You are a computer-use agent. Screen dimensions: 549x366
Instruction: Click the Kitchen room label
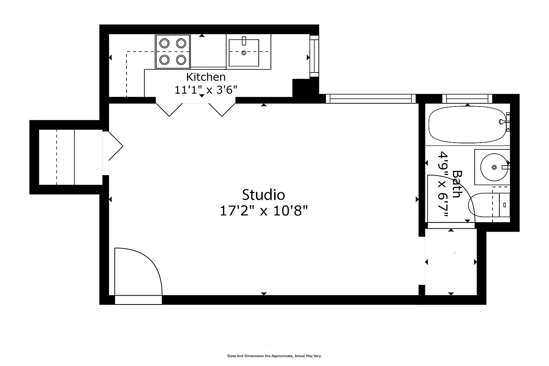206,77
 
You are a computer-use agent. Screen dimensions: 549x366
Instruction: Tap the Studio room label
263,195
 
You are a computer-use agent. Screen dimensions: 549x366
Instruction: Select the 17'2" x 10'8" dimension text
263,211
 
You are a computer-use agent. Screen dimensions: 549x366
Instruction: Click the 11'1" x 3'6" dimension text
206,90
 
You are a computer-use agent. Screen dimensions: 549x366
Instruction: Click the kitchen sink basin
244,53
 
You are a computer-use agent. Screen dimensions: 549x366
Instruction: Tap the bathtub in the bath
468,124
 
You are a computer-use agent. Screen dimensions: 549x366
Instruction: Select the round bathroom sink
494,167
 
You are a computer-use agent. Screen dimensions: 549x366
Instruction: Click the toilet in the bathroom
489,205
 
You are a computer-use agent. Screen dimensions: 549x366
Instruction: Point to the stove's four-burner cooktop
173,51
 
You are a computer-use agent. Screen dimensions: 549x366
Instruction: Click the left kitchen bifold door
169,110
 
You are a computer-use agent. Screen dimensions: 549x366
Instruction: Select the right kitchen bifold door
222,110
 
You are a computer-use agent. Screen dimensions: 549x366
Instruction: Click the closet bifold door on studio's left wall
116,146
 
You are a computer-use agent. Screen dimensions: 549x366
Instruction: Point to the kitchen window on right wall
314,56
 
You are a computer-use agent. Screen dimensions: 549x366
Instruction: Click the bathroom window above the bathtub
468,99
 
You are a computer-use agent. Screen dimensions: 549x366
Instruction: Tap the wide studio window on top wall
371,99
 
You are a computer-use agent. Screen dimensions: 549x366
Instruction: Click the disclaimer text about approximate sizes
274,356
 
